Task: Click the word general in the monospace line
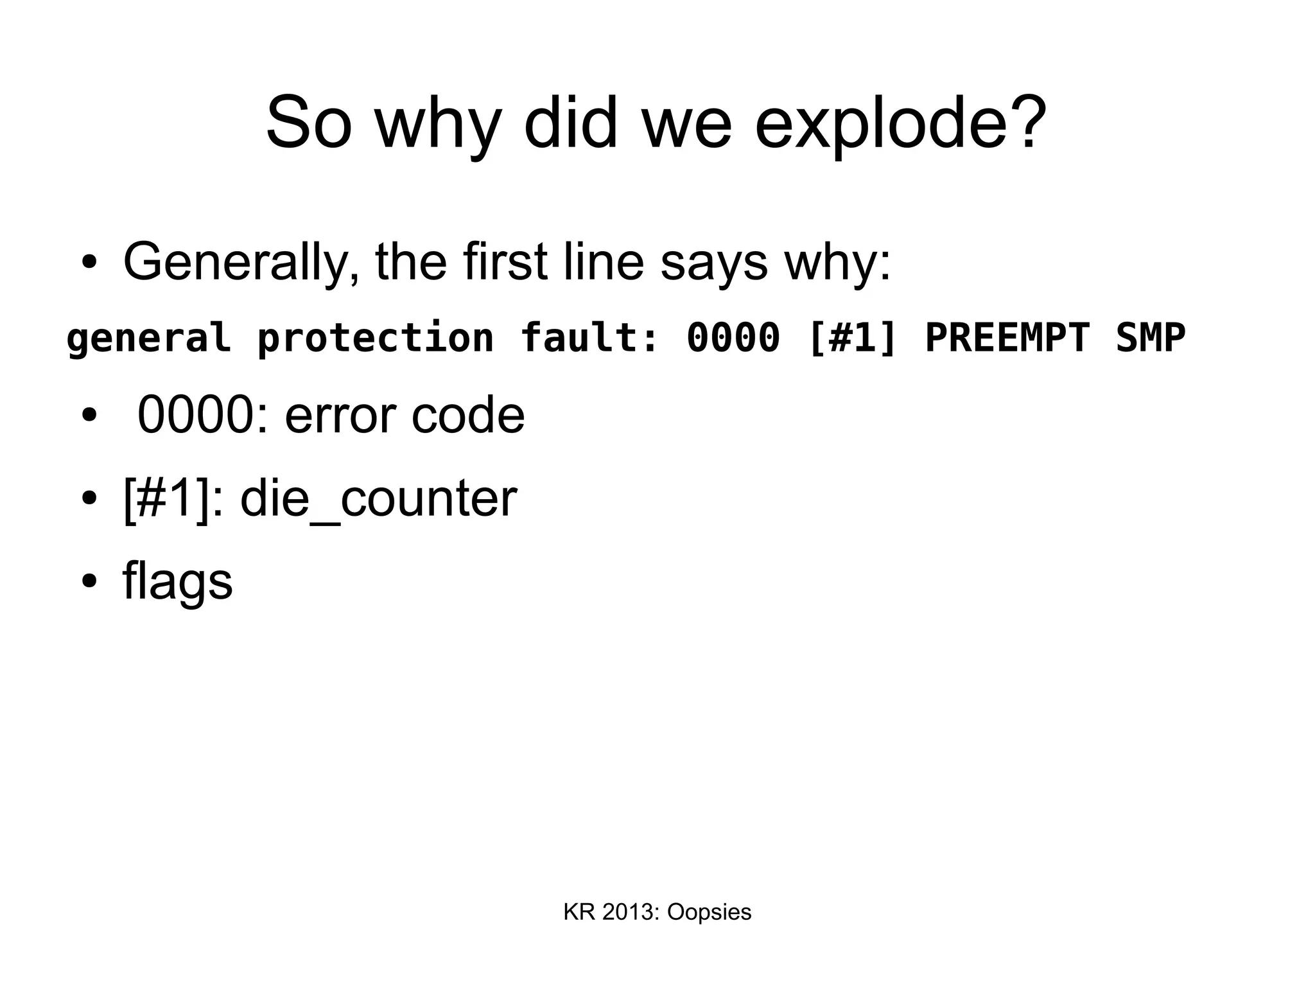148,339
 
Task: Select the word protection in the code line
376,339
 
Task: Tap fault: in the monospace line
590,339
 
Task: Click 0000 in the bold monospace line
733,339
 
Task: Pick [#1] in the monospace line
853,339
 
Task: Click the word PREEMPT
1007,339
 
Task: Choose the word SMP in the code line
1151,339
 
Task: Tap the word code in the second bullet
467,416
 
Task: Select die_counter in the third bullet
379,498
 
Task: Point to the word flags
177,581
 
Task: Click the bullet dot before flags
89,581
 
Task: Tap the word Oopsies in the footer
709,912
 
